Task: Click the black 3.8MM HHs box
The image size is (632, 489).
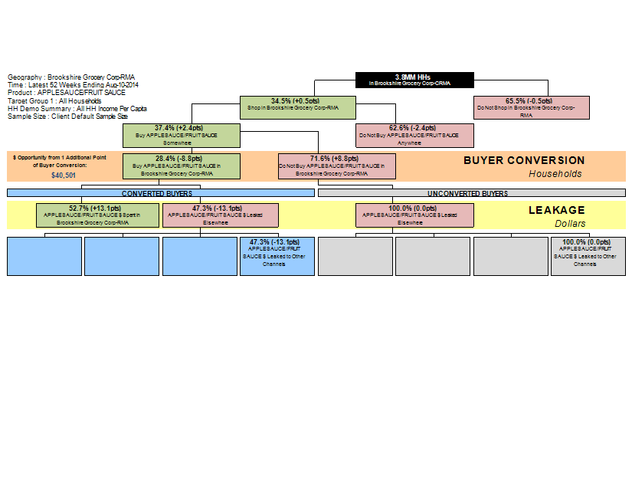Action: (x=414, y=80)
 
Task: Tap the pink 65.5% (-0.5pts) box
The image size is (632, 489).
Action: (x=531, y=107)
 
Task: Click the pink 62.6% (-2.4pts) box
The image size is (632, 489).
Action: (x=414, y=135)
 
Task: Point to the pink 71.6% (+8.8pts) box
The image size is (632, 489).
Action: (x=337, y=166)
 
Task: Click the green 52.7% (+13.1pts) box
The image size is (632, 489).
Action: (x=98, y=215)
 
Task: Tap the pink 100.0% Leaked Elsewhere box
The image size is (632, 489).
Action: (x=414, y=215)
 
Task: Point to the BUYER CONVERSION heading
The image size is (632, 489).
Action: (x=523, y=161)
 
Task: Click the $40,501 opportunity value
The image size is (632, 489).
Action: (x=64, y=176)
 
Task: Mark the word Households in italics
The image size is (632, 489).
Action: (x=555, y=174)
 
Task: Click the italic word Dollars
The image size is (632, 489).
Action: (x=569, y=223)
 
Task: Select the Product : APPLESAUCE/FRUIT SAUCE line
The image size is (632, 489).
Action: (x=67, y=93)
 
